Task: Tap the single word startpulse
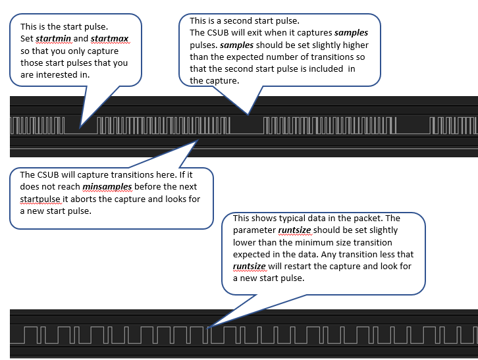[41, 199]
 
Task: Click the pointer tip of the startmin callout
[80, 126]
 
